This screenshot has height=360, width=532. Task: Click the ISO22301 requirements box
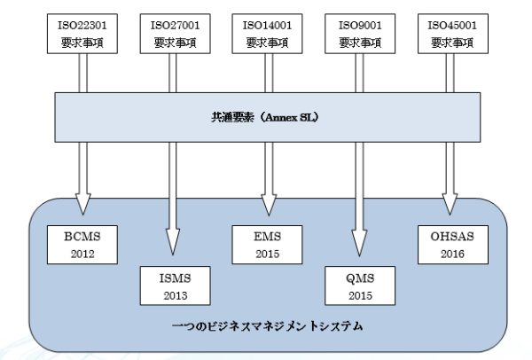point(82,34)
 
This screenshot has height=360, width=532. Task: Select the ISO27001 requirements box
point(175,34)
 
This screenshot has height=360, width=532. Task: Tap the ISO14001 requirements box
point(267,34)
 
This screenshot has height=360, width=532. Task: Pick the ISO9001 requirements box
point(360,34)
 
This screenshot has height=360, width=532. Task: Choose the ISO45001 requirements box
point(453,34)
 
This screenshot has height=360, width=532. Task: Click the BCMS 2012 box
point(82,245)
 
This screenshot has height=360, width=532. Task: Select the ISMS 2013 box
point(175,286)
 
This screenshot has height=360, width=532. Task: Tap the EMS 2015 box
point(267,245)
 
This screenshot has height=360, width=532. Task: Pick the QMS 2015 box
point(360,286)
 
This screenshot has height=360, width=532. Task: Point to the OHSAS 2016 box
point(453,245)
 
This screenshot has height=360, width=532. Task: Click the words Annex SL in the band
point(290,117)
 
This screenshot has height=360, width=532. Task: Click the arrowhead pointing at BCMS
point(82,204)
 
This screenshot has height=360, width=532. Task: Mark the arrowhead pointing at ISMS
point(173,242)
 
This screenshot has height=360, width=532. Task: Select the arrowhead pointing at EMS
point(269,205)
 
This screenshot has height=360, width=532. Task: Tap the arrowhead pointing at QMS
point(359,243)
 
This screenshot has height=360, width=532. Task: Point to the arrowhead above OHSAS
point(450,204)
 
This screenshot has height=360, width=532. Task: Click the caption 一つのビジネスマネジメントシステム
point(268,326)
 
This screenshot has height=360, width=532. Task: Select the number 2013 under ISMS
point(176,296)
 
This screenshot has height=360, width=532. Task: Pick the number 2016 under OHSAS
point(452,254)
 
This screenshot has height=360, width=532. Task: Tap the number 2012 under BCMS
point(82,254)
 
